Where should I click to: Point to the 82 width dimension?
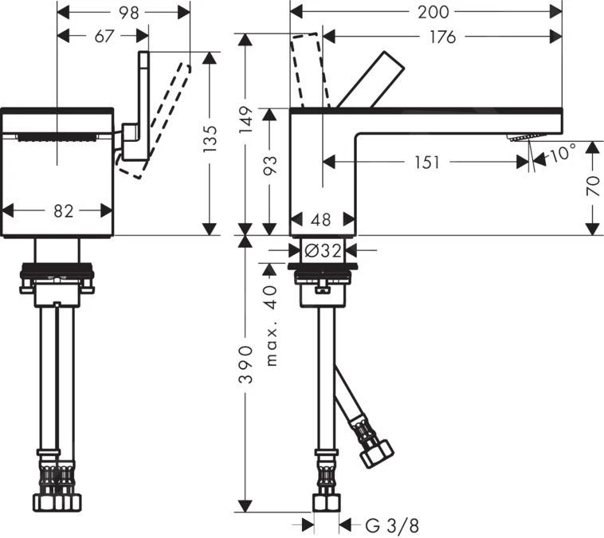click(63, 210)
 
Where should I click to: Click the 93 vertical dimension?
click(271, 166)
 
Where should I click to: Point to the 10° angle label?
click(561, 153)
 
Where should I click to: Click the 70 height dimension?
click(591, 186)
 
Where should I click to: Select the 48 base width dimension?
click(321, 220)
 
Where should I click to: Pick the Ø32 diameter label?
click(321, 250)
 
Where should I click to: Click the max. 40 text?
click(271, 325)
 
